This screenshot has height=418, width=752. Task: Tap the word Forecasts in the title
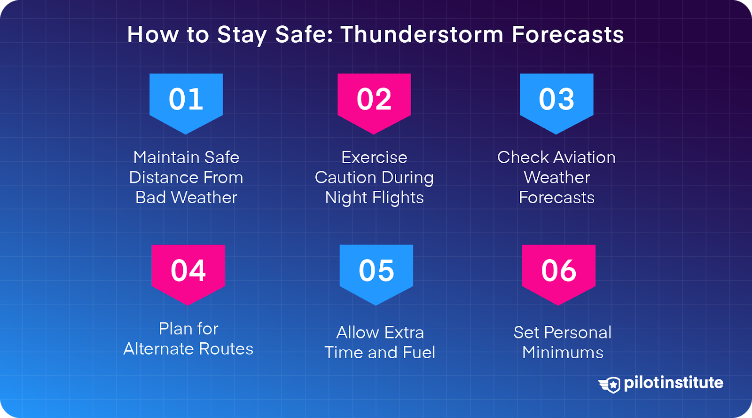(x=567, y=35)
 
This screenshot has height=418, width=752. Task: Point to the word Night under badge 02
(x=346, y=198)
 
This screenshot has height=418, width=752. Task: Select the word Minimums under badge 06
(x=563, y=353)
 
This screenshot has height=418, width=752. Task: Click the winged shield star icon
(x=610, y=385)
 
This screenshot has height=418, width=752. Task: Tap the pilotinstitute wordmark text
(x=673, y=383)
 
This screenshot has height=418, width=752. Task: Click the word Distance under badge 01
(x=160, y=178)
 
